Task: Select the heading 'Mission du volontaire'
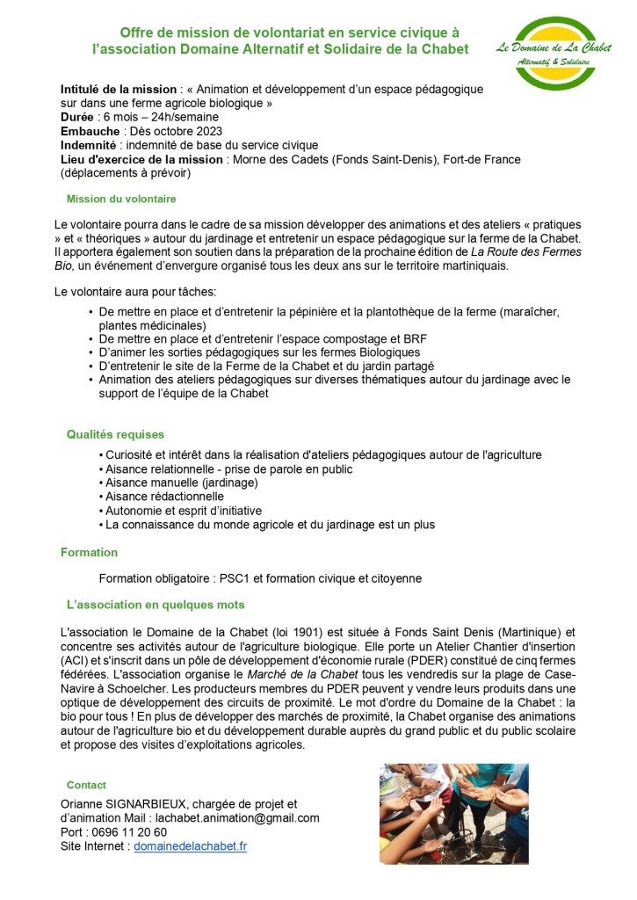pos(121,200)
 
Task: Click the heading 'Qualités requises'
pos(115,434)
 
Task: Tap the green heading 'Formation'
pos(89,553)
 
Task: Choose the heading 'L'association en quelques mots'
pos(156,605)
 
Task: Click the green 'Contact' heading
pos(86,785)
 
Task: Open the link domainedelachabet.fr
pos(190,846)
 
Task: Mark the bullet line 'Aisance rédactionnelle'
pos(164,497)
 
